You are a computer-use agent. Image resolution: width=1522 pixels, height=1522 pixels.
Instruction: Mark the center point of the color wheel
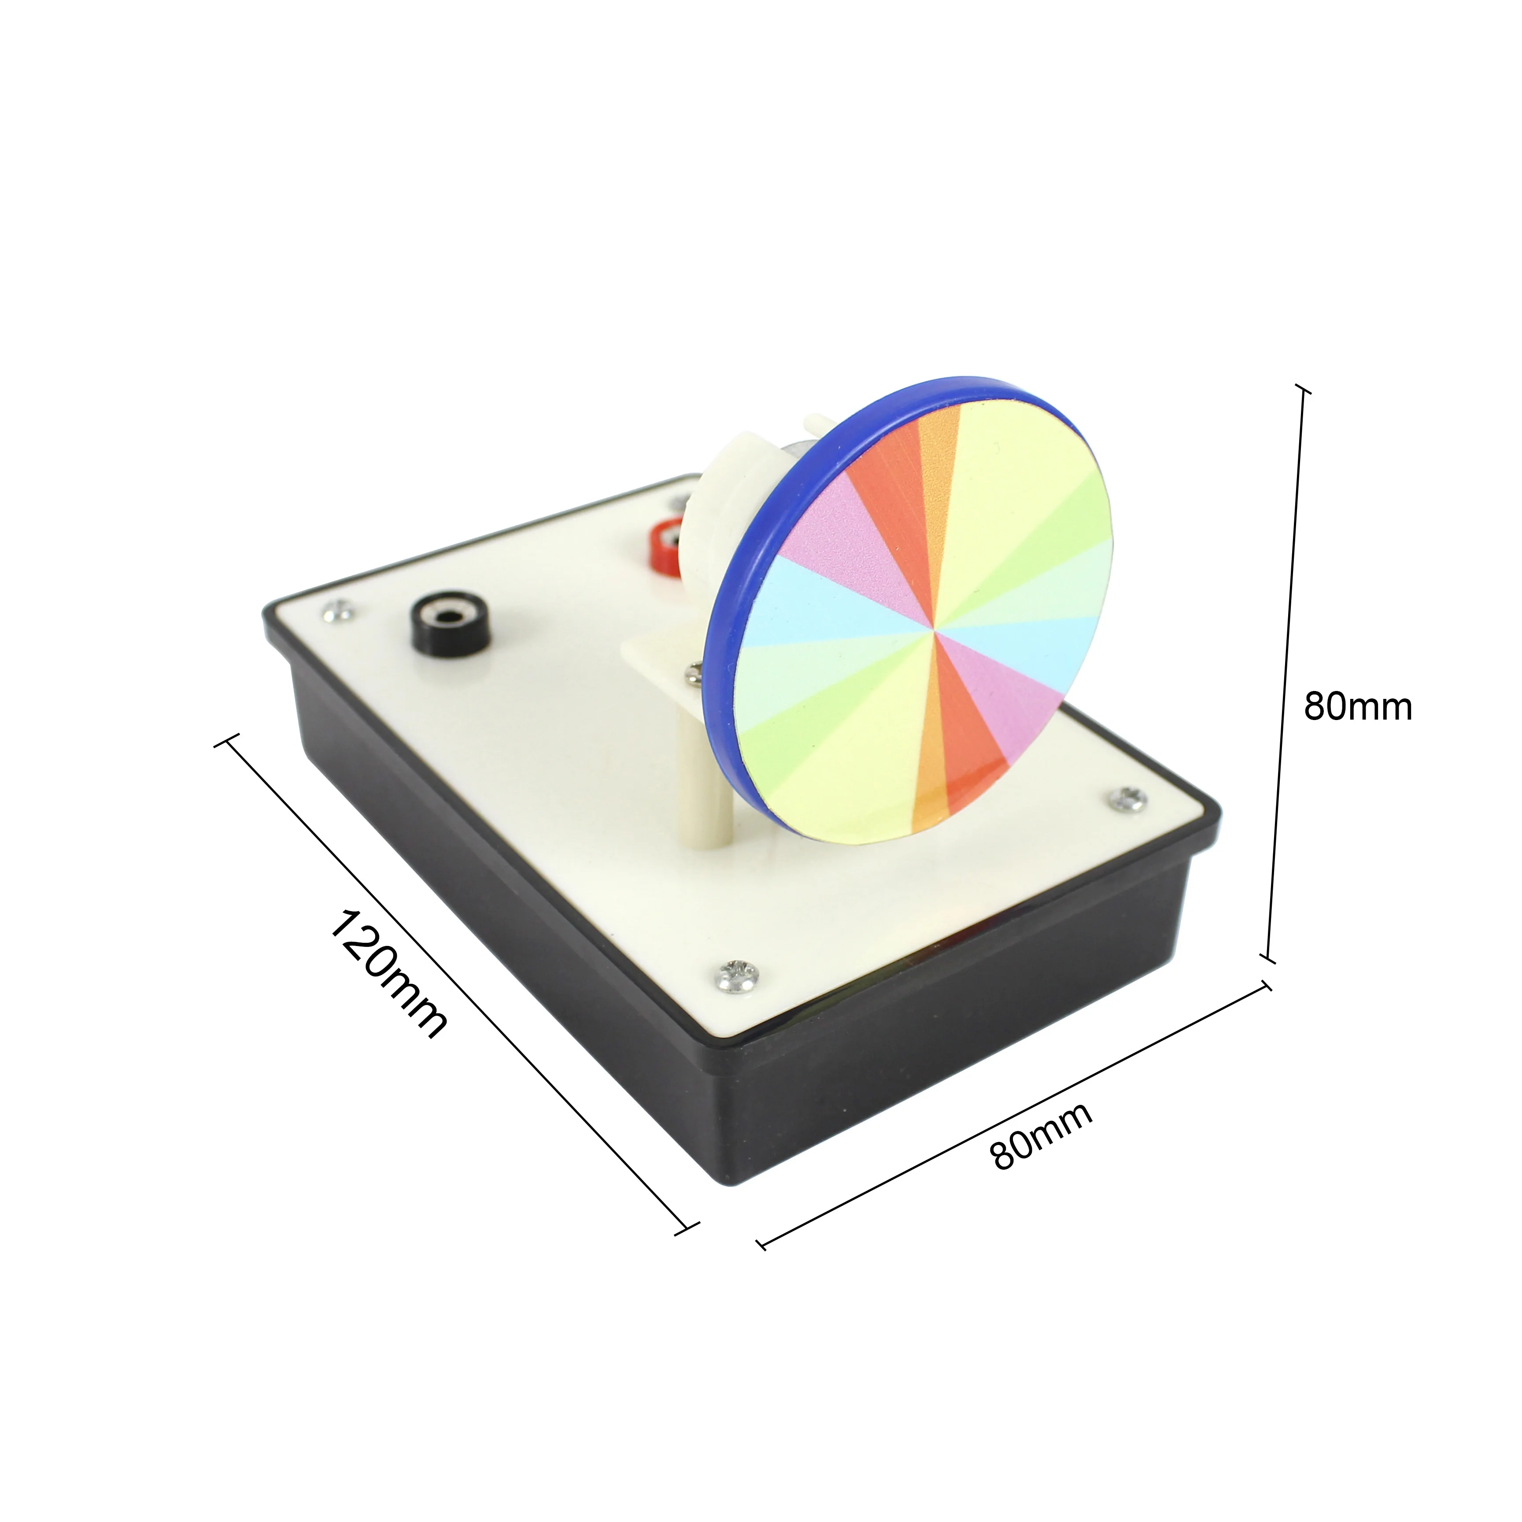[x=935, y=628]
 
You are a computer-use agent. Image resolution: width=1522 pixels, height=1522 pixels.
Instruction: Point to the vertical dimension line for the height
[x=1286, y=669]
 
